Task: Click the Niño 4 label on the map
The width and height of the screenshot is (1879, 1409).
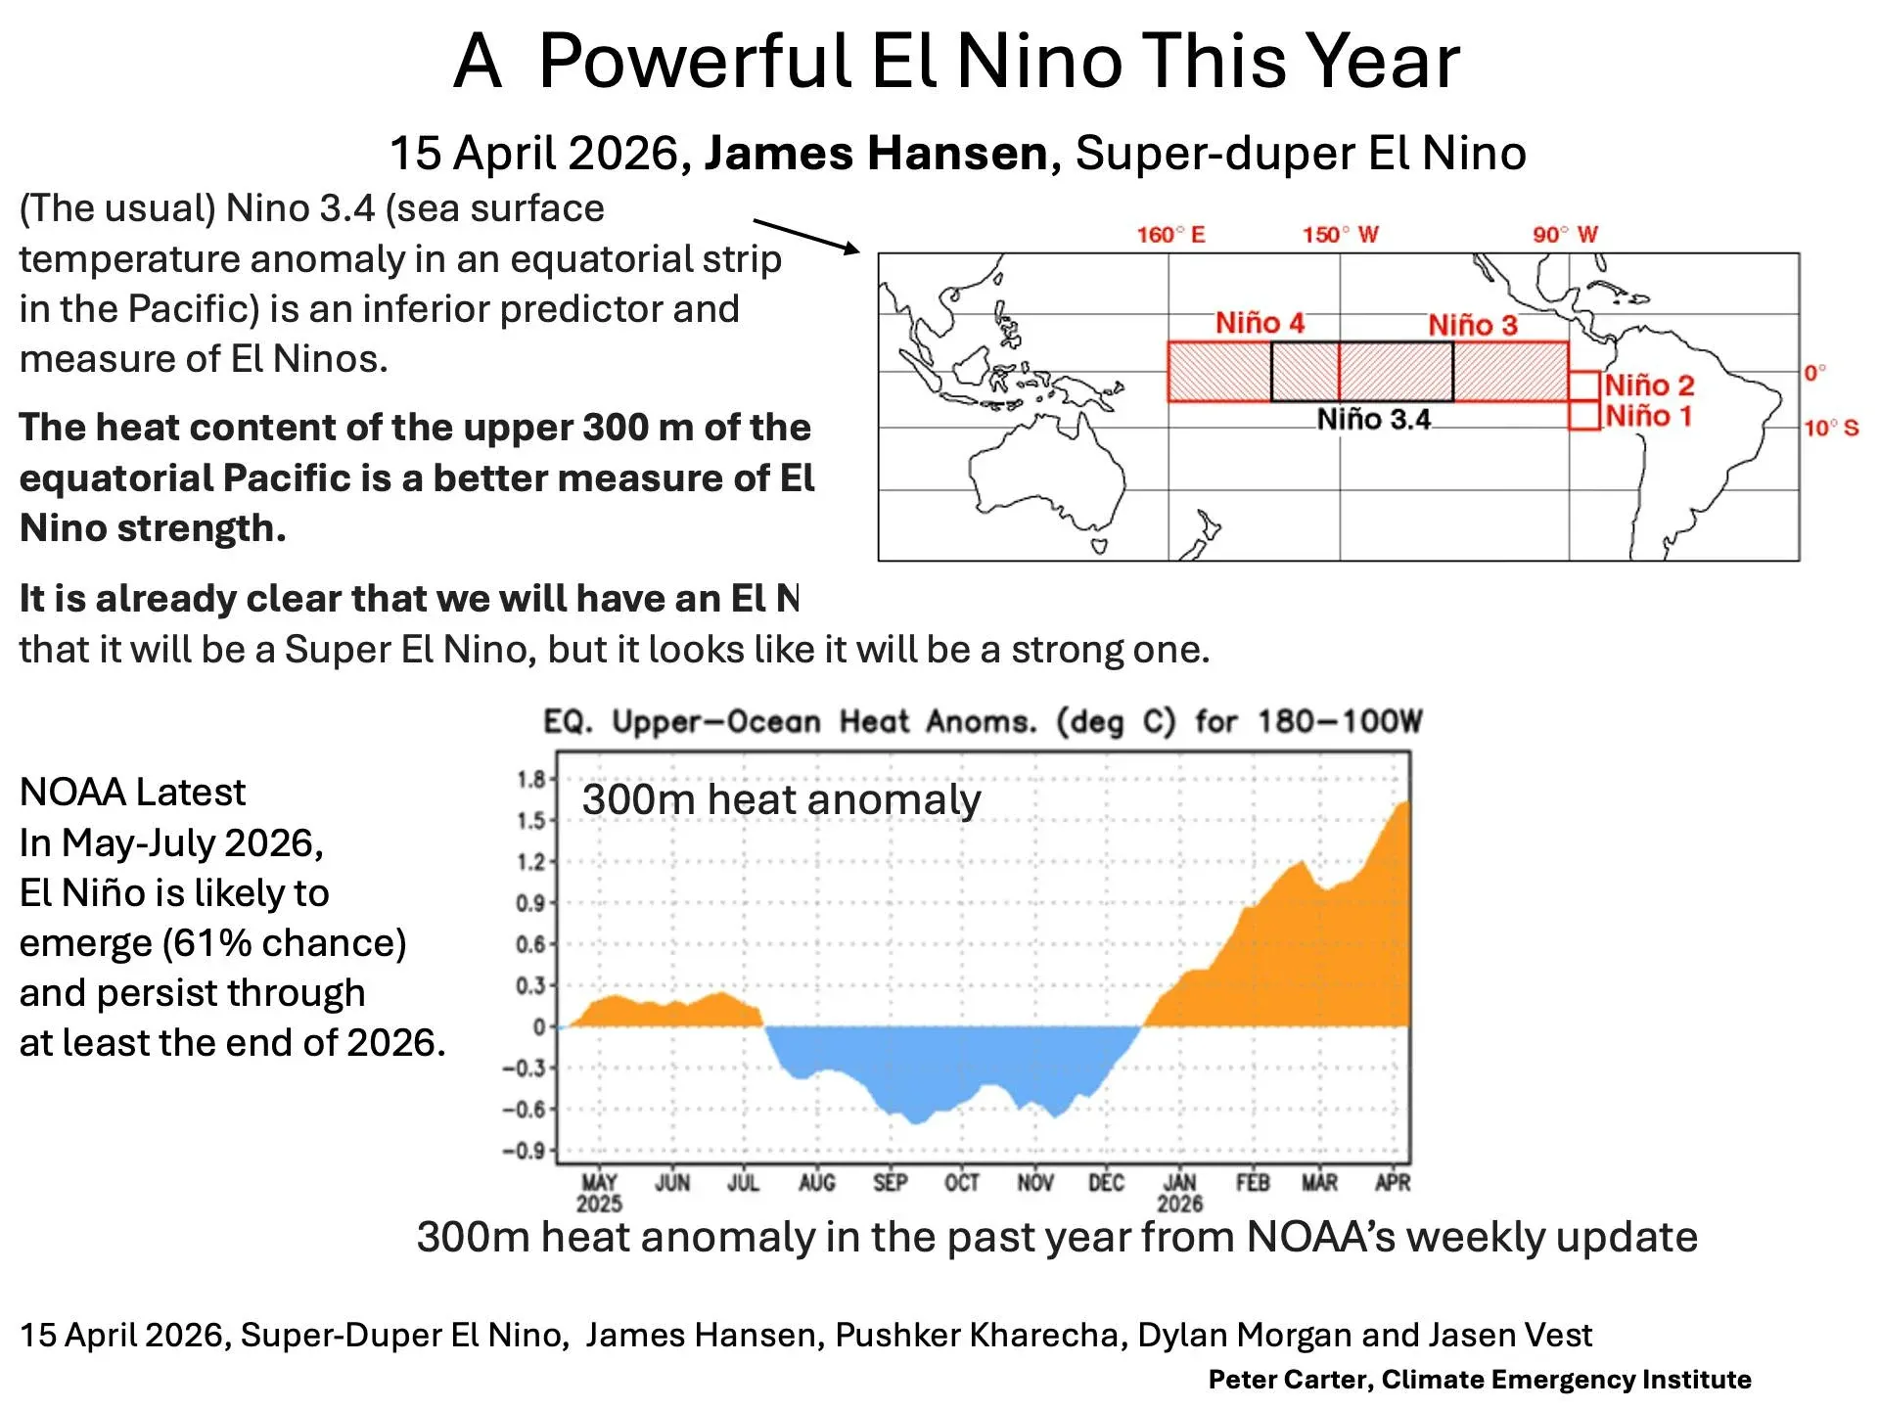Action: (x=1260, y=323)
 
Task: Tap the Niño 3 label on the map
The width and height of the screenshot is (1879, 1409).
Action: (x=1472, y=325)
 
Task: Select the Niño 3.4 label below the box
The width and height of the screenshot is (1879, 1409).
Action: (x=1373, y=420)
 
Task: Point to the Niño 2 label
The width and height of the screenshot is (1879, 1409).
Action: (x=1649, y=385)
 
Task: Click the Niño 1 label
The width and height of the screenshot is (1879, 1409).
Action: (x=1648, y=416)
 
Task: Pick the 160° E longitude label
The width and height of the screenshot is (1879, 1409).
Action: (x=1170, y=235)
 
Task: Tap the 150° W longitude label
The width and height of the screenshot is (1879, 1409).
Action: (x=1340, y=235)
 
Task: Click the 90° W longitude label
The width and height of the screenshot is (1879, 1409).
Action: (x=1565, y=235)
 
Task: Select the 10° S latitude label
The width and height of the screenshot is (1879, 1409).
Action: (x=1831, y=429)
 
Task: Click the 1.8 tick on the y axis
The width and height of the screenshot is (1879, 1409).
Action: (x=531, y=780)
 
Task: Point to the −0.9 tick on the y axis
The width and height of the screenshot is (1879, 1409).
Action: (x=524, y=1151)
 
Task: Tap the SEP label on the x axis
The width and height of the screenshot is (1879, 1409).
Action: (x=890, y=1183)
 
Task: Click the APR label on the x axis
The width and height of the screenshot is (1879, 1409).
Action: (x=1392, y=1183)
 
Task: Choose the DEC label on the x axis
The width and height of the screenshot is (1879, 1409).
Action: (x=1106, y=1183)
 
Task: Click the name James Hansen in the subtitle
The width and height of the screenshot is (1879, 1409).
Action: (x=876, y=154)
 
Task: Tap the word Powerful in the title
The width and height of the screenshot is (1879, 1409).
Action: (x=694, y=61)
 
